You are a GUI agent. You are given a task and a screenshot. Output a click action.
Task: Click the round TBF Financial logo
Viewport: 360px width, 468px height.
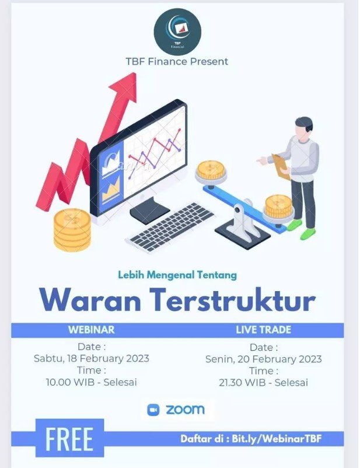[177, 32]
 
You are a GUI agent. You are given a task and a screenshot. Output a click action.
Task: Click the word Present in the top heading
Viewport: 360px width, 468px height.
[209, 61]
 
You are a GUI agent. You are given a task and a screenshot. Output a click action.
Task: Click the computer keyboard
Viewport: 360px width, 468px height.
[170, 228]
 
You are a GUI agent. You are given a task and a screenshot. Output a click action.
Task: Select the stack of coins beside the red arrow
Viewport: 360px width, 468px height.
[72, 229]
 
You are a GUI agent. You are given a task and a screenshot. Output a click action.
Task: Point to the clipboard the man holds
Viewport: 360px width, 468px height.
[281, 166]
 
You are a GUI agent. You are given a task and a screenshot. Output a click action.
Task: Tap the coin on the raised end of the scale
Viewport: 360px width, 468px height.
[211, 171]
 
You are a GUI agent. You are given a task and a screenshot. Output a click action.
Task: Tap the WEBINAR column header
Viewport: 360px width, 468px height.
[92, 330]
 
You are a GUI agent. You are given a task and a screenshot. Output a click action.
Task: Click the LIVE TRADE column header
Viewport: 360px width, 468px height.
[263, 330]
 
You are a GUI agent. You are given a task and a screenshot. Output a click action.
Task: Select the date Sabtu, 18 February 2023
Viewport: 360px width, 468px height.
[92, 358]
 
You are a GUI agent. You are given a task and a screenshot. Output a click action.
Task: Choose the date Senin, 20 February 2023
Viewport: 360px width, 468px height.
[263, 359]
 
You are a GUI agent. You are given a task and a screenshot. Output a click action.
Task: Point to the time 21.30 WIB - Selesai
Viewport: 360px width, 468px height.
[263, 382]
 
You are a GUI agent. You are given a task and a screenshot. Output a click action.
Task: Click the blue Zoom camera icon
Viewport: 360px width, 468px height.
[153, 410]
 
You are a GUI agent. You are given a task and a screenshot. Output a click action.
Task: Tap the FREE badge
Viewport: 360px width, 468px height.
[69, 438]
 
